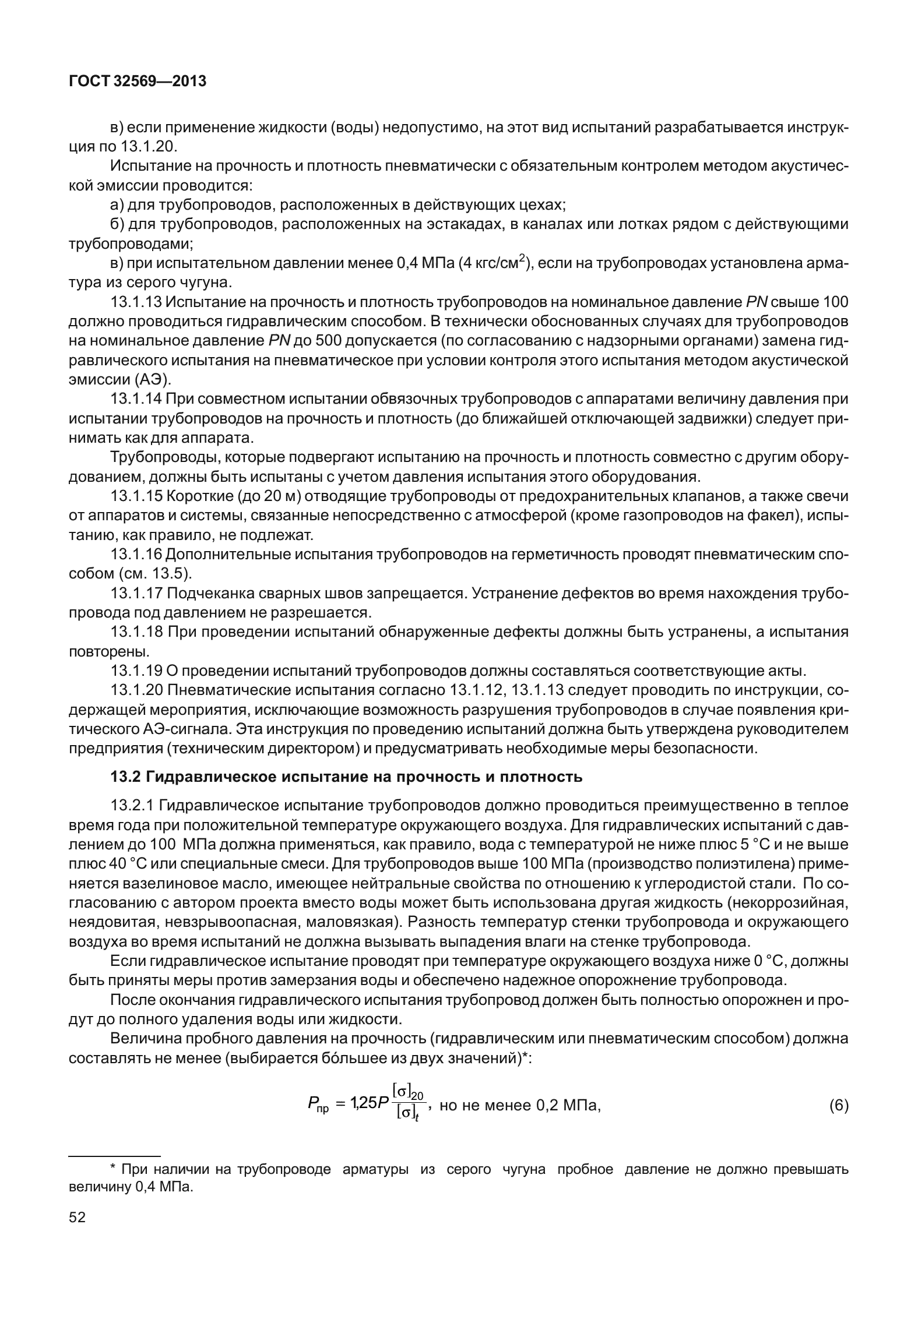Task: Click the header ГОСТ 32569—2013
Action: click(138, 82)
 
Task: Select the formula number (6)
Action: click(838, 1105)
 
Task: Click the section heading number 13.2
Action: click(126, 777)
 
